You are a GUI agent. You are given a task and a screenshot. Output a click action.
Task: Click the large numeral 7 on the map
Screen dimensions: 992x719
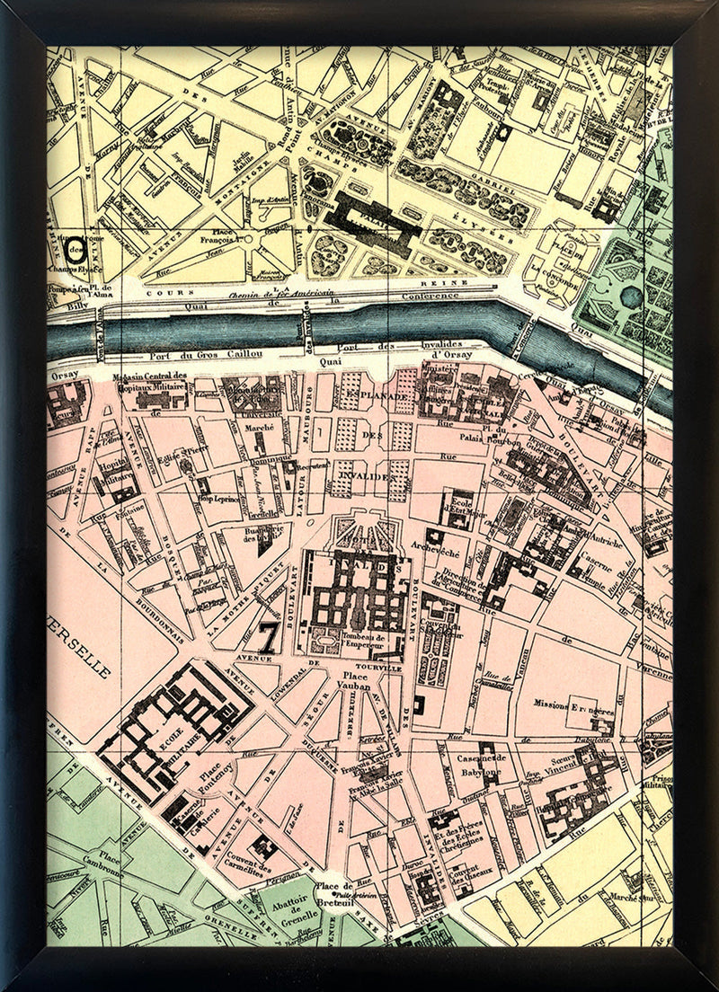coord(267,636)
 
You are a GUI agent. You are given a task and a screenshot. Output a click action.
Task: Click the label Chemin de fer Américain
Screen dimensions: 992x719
coord(280,293)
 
